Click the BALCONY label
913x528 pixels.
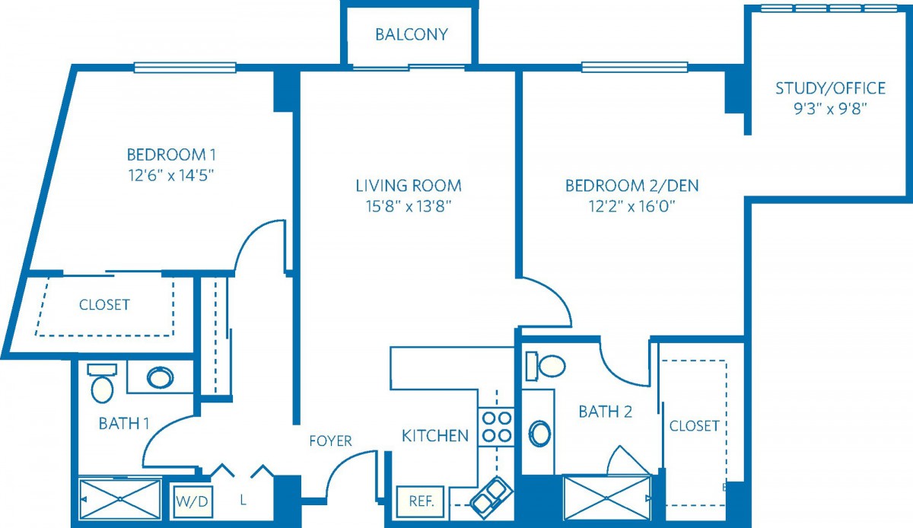[x=412, y=35]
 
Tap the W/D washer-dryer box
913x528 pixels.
[x=192, y=501]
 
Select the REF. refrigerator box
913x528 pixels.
[x=420, y=501]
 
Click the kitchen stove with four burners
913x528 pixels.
[x=496, y=427]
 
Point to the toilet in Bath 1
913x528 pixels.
[x=102, y=383]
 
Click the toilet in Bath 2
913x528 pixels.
[x=545, y=366]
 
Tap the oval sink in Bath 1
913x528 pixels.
[x=161, y=377]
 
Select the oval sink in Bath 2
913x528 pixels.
[x=539, y=433]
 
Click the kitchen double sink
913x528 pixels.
[x=491, y=498]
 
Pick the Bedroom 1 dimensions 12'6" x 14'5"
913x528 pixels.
[x=171, y=176]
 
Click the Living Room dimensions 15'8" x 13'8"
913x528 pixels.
[x=409, y=207]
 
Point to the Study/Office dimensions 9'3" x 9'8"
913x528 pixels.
[x=830, y=109]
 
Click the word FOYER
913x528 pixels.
[x=330, y=441]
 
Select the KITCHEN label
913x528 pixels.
[x=435, y=436]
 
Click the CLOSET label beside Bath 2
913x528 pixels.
[x=694, y=426]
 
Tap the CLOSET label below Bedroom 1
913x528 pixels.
[x=104, y=305]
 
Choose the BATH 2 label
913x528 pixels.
[x=606, y=412]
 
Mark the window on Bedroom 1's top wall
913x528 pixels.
[x=185, y=67]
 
